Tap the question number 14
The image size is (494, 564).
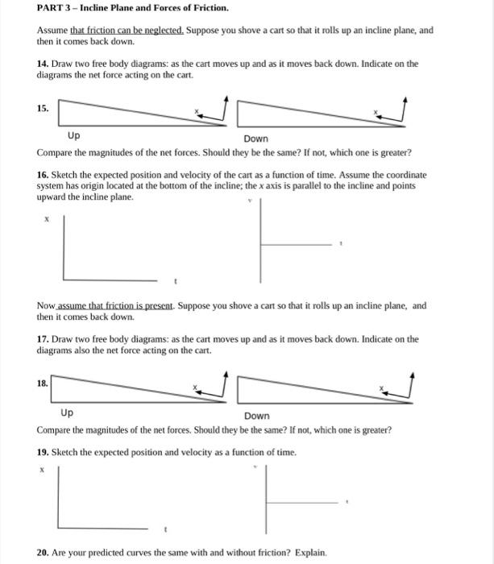click(43, 64)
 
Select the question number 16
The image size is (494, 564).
click(43, 174)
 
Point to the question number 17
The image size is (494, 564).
click(43, 339)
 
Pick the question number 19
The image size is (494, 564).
click(43, 452)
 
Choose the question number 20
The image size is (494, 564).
click(43, 553)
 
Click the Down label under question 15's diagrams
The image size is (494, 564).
click(255, 139)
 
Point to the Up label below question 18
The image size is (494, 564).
click(67, 413)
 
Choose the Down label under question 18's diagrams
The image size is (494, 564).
click(257, 416)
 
